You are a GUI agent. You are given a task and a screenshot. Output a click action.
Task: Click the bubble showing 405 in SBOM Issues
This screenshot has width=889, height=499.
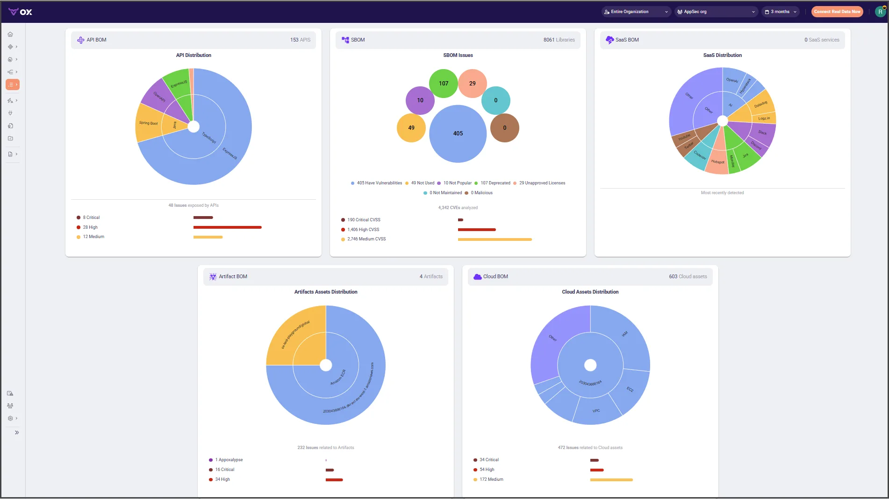click(458, 134)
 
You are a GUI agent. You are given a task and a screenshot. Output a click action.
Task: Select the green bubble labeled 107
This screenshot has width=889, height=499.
click(443, 84)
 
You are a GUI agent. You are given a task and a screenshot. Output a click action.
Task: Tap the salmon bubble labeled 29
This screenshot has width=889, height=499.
click(472, 84)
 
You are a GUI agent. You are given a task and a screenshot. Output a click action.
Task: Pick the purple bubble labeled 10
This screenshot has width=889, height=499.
click(420, 100)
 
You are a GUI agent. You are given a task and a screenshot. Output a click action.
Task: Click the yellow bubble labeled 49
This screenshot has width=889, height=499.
click(411, 128)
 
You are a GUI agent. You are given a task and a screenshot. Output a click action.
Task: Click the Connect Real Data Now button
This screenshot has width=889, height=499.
click(837, 12)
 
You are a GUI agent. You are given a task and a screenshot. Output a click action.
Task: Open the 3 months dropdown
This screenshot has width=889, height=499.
click(781, 12)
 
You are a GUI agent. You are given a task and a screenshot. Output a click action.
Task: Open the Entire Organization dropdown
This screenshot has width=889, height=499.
click(636, 12)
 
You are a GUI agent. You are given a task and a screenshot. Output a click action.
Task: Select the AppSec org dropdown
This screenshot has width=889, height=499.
click(715, 12)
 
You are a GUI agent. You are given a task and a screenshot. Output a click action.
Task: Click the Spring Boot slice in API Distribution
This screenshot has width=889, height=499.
click(148, 123)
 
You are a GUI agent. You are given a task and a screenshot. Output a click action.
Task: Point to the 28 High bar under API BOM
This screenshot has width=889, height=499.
click(227, 227)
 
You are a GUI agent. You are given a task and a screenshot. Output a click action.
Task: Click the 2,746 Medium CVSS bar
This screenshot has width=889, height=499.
click(495, 239)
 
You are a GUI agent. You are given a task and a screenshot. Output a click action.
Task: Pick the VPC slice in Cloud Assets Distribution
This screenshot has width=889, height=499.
click(596, 411)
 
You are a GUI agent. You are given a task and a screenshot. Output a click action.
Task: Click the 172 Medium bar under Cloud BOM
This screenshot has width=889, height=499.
click(611, 480)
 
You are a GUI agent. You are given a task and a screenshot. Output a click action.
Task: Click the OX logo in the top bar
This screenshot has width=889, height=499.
click(20, 12)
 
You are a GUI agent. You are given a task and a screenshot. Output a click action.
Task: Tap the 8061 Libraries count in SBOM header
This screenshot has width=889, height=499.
click(559, 40)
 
